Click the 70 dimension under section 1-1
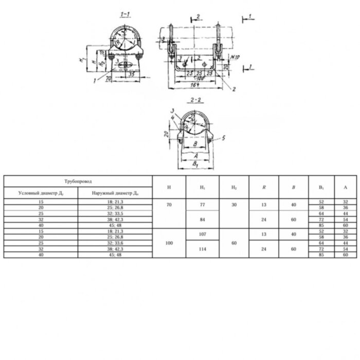(x=108, y=80)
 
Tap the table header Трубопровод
(x=78, y=182)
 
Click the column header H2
(x=234, y=188)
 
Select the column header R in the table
(x=264, y=188)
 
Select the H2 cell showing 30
(x=234, y=204)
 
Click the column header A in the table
(x=345, y=188)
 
